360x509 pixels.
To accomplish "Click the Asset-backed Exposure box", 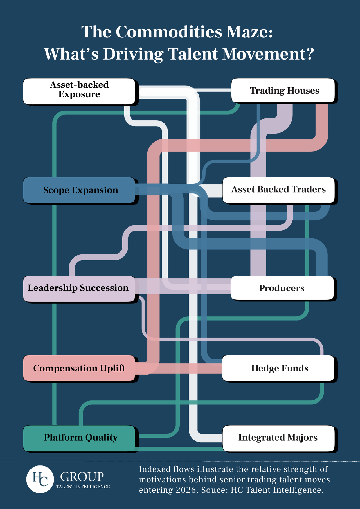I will coord(79,91).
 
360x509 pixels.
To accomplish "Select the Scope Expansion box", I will coord(79,190).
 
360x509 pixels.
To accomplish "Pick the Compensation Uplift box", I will coord(79,368).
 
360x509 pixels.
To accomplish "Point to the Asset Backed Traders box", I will coord(278,190).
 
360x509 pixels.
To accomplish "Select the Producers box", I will coord(282,288).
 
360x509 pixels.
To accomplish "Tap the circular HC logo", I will coord(40,479).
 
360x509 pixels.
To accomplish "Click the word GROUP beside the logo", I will coord(82,476).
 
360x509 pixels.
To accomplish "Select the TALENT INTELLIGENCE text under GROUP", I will coord(83,487).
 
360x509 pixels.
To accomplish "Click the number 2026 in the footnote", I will coord(186,490).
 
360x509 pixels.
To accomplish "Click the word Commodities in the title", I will coord(169,32).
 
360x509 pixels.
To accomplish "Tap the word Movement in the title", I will coord(267,54).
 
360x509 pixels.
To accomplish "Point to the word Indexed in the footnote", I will coord(154,469).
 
